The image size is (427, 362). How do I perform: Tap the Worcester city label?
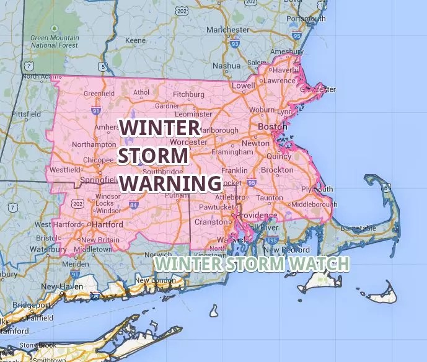190,142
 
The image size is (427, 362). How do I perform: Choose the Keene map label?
135,41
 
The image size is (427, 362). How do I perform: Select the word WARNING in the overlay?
170,183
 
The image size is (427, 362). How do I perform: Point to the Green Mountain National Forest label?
54,42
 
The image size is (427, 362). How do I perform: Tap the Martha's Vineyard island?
320,284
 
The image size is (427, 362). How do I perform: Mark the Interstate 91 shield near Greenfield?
95,110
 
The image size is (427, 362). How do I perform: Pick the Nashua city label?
226,66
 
